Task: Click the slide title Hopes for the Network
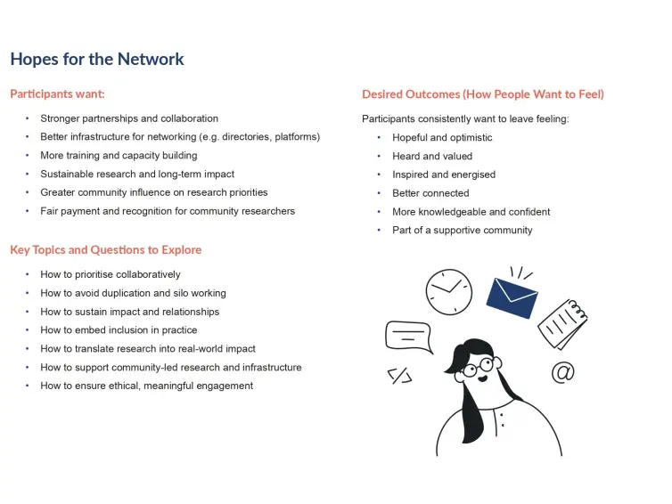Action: coord(97,59)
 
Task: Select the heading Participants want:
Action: coord(57,93)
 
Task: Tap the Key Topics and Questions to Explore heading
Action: coord(106,249)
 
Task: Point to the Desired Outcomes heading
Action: coord(483,94)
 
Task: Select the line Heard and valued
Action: coord(432,157)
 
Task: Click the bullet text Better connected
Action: coord(430,193)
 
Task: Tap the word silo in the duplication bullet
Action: coord(181,293)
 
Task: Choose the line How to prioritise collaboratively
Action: coord(111,274)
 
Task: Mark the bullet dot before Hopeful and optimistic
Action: coord(379,137)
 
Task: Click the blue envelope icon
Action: coord(512,298)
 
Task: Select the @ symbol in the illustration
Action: coord(562,372)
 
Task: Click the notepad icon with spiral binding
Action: coord(562,324)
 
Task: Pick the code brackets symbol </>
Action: coord(400,376)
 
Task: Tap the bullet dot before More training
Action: coord(27,156)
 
